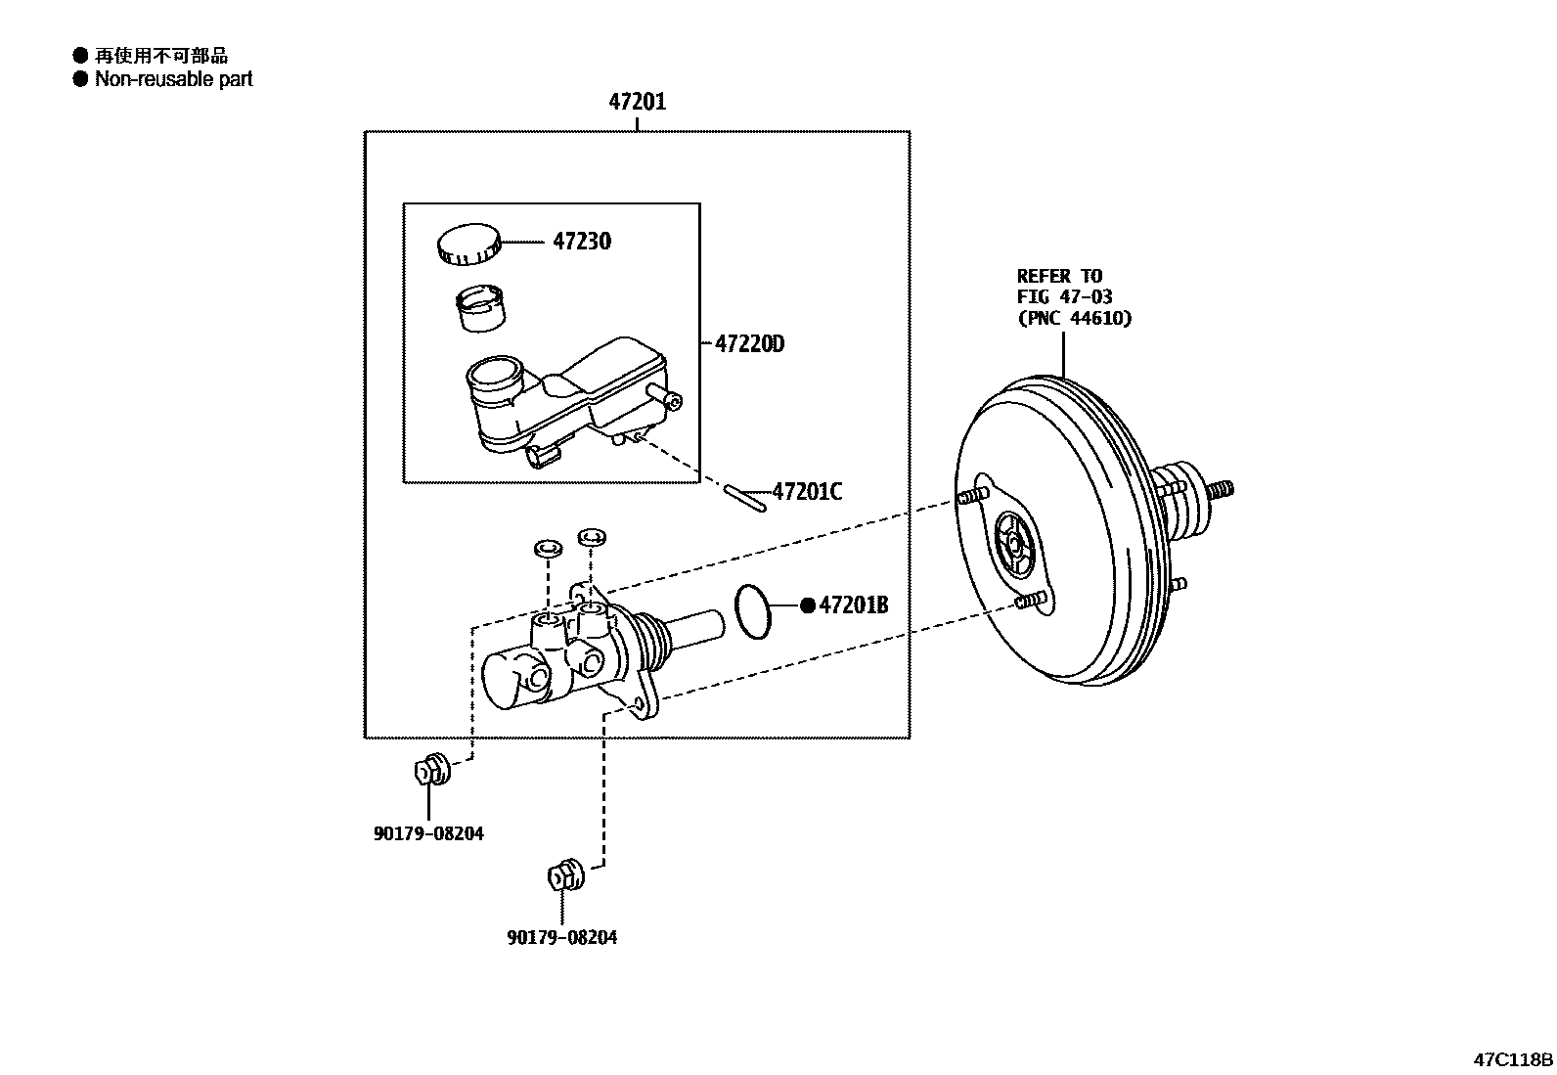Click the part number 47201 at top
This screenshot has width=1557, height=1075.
tap(637, 102)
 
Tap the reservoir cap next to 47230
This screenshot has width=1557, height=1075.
tap(467, 244)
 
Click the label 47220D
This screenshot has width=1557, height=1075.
tap(749, 344)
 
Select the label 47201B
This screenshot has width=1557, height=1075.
tap(853, 605)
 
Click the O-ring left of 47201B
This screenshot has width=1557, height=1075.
tap(752, 611)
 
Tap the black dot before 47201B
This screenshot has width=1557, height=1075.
tap(808, 605)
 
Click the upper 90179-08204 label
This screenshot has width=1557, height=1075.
tap(428, 833)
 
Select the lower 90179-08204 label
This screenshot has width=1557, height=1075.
tap(562, 937)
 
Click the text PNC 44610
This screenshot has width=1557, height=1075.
tap(1074, 318)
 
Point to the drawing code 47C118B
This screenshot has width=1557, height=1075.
tap(1514, 1059)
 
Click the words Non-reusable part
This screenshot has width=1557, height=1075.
tap(173, 79)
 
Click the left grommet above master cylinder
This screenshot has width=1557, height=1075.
tap(547, 548)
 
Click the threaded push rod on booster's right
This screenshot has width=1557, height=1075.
tap(1220, 489)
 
